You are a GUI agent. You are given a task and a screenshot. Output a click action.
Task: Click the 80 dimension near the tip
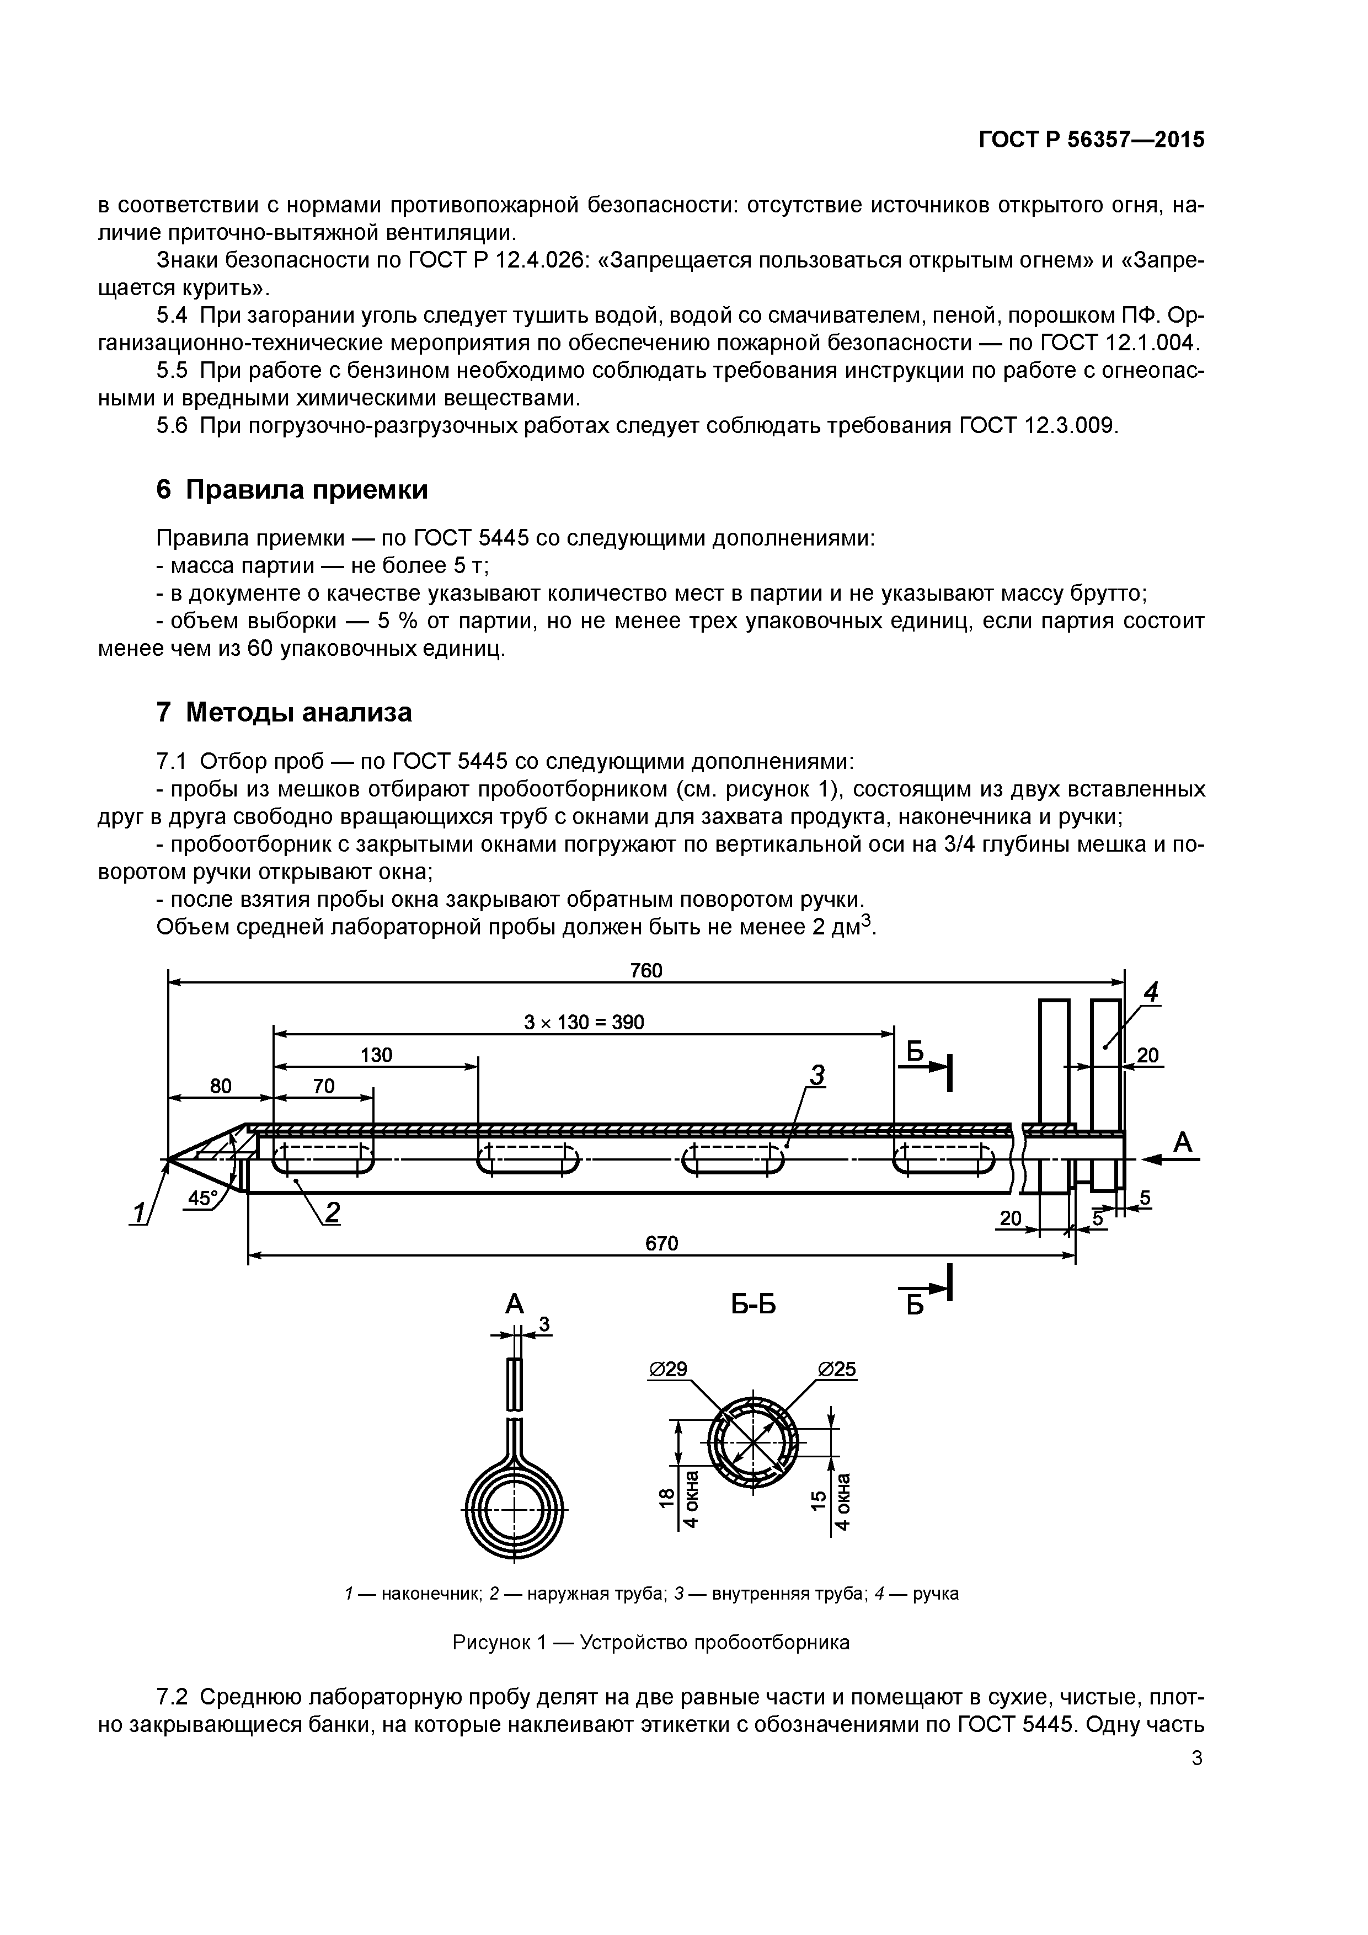220,1086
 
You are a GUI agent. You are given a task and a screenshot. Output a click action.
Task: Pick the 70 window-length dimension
324,1086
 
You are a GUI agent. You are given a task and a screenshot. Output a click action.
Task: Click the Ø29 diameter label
669,1370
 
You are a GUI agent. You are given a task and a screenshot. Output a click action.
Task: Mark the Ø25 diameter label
837,1370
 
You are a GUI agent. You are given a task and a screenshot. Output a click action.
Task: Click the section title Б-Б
754,1306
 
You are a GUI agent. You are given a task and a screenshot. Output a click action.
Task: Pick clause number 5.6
172,426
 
